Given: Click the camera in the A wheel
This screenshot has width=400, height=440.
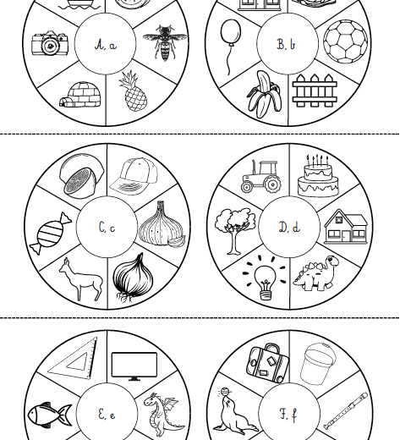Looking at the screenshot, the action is point(50,43).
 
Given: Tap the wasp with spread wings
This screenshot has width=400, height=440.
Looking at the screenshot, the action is point(165,42).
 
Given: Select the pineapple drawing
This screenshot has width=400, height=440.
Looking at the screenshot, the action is point(133,91).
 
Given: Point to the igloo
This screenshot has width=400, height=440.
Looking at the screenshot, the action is point(80,95).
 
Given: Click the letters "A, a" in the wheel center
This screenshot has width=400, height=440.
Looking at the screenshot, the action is point(106,45).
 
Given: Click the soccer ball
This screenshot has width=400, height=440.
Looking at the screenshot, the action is point(346,41).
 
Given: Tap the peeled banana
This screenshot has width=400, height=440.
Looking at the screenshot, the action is point(264,94).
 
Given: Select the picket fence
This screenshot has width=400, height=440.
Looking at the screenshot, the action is point(315,91).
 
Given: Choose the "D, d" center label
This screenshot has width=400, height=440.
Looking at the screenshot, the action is point(289,227).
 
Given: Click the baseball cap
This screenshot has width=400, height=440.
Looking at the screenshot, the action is point(134,176).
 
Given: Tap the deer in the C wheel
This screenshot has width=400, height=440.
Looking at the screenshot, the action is point(80,279).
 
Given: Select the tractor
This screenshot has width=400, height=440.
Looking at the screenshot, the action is point(261,176).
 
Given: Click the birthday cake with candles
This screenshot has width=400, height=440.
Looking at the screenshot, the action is point(318,175).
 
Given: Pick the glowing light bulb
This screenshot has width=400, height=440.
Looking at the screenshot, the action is point(265,278).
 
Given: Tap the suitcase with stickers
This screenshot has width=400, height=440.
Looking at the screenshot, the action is point(268,363).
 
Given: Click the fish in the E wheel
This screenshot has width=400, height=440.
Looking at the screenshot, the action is point(50,415).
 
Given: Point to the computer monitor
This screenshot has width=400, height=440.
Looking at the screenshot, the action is point(134,366).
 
